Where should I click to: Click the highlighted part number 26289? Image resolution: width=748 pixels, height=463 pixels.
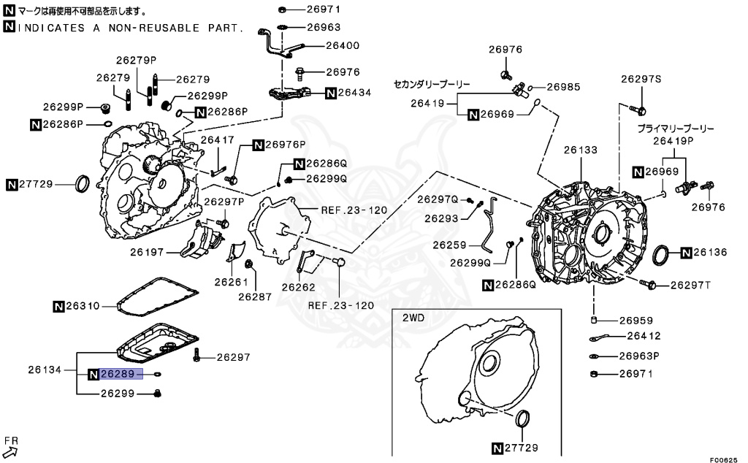pos(116,374)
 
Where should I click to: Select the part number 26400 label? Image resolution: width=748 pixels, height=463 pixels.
pos(322,45)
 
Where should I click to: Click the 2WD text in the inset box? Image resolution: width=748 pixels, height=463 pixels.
pos(413,318)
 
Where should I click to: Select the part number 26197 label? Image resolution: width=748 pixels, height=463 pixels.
pos(147,252)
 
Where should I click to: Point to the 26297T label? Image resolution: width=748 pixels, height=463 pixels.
pos(690,284)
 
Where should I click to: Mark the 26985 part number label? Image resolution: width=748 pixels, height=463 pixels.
pos(563,86)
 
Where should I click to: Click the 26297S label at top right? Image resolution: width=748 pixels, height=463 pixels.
pos(642,78)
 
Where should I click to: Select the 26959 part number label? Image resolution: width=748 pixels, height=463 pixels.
pos(636,321)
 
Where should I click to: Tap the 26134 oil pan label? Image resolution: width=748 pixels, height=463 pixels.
pos(45,370)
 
